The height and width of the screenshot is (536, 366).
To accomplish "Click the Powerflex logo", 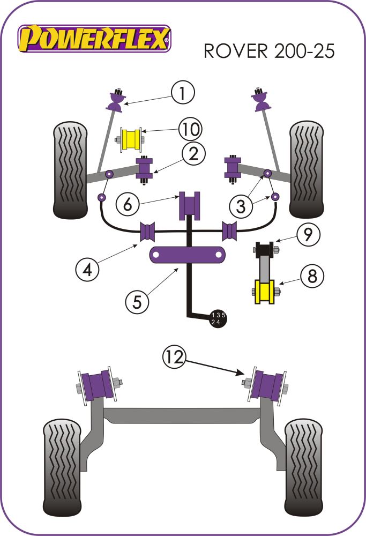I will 94,39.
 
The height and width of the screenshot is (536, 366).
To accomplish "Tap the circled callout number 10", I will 190,129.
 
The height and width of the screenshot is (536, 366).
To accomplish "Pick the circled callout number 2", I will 193,155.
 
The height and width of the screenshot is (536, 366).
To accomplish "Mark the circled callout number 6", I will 126,204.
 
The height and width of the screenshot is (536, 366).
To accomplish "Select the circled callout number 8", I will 312,276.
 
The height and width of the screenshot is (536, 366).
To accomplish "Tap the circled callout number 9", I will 308,234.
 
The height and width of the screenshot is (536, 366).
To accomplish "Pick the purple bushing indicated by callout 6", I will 189,205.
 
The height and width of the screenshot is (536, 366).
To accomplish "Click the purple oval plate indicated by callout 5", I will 187,255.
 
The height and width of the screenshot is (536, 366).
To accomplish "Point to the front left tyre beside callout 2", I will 70,168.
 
